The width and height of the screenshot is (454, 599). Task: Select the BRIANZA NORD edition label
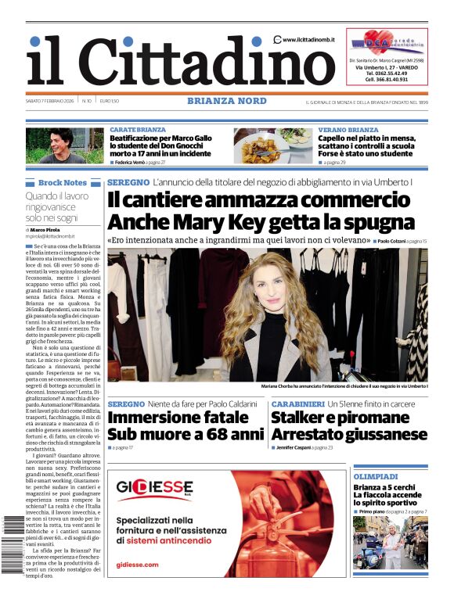226,101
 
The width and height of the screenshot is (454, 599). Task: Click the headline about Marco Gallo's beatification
160,145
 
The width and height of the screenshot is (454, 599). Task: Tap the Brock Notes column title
63,182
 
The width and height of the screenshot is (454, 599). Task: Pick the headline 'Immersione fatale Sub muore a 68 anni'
186,425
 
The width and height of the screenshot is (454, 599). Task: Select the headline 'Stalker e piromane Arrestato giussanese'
349,425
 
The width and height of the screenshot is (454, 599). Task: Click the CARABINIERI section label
297,404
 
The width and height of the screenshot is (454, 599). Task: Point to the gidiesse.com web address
137,564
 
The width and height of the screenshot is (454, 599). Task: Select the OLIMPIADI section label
376,476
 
